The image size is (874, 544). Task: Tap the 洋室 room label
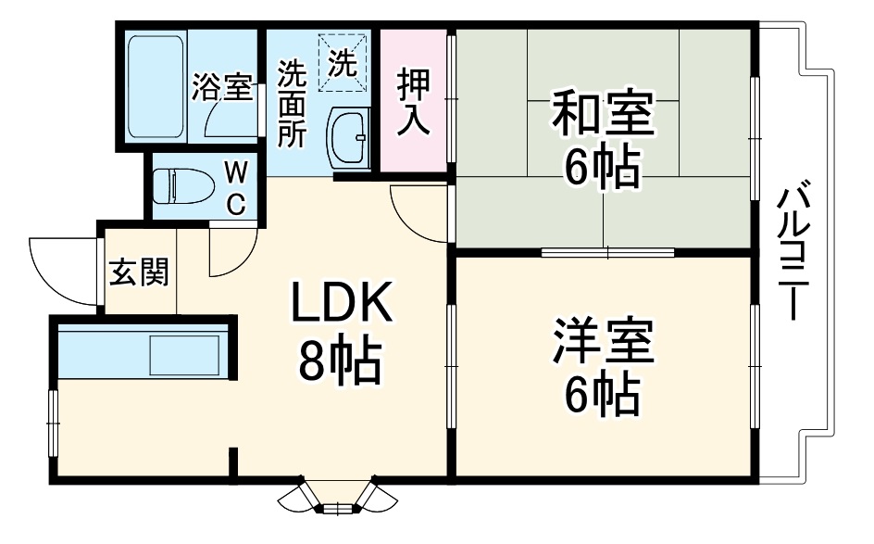[604, 343]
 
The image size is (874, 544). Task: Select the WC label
[236, 188]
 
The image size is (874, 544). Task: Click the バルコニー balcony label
[789, 250]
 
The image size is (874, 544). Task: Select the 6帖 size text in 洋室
[602, 396]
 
